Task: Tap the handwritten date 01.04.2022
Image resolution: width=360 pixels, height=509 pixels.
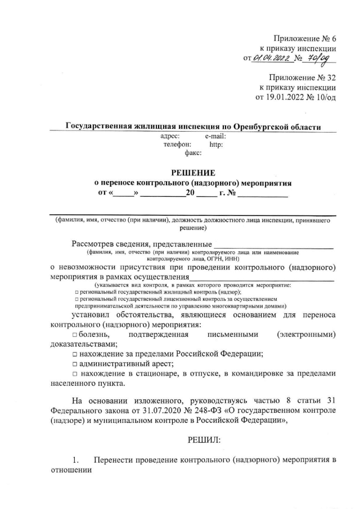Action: pyautogui.click(x=272, y=57)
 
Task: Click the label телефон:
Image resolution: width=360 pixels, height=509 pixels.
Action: pyautogui.click(x=177, y=144)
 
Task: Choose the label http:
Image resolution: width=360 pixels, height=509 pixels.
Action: pyautogui.click(x=216, y=144)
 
